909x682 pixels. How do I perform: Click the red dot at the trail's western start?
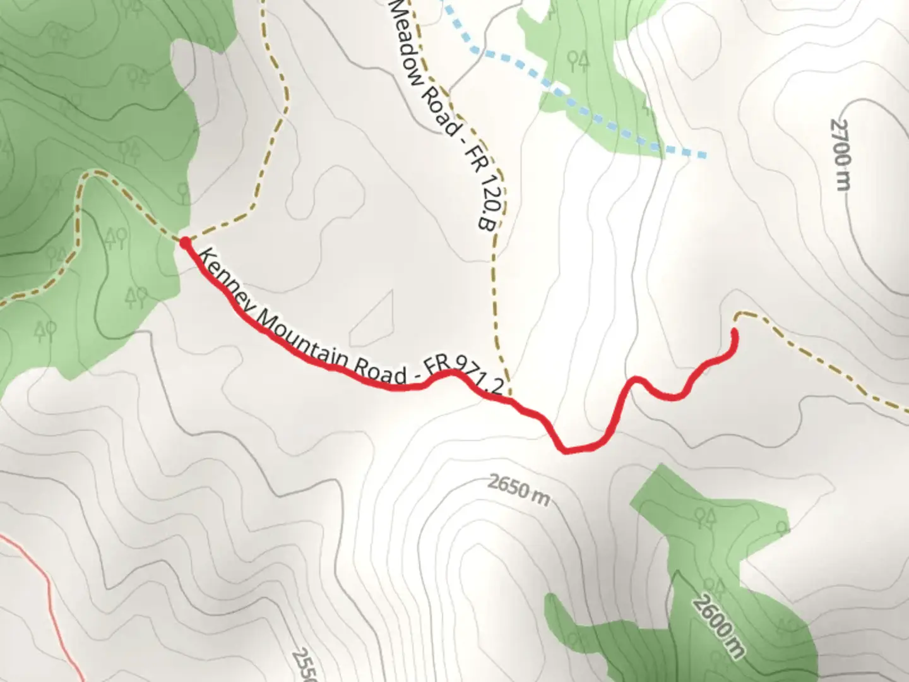pos(185,242)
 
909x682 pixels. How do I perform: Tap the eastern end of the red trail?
pos(734,331)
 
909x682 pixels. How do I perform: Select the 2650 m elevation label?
pos(518,489)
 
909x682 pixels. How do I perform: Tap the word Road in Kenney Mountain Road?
pos(378,372)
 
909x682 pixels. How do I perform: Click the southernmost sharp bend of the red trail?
pos(564,450)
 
